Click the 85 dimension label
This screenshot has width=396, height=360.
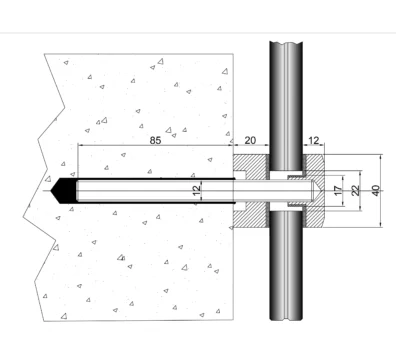[155, 140]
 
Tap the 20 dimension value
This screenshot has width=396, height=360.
[250, 140]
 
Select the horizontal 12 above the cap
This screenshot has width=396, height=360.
[313, 140]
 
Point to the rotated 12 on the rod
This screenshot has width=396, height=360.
[197, 190]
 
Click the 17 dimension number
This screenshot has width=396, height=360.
[338, 191]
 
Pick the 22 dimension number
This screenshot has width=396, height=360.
[356, 190]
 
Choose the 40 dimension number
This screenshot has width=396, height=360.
[376, 190]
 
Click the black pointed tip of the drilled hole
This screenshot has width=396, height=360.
[51, 191]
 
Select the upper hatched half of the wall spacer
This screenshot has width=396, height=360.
[251, 165]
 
